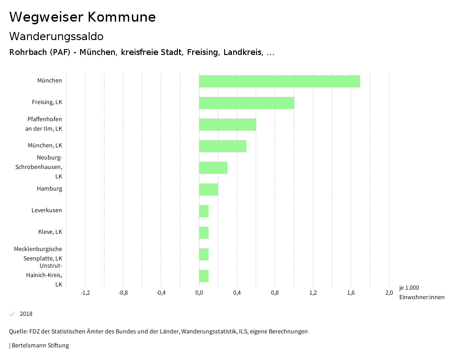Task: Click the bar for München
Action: [279, 81]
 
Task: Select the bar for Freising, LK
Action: [246, 103]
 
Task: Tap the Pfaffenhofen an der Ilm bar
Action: [227, 124]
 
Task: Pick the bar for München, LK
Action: [222, 146]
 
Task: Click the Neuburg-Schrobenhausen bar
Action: [213, 168]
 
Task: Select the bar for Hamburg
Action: [208, 189]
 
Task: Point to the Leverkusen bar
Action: [203, 211]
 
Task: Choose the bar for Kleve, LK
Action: [203, 232]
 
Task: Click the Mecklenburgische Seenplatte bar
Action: [203, 254]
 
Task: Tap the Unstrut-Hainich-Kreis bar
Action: [203, 276]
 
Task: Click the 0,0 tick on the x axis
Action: [199, 293]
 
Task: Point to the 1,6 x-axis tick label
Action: [351, 293]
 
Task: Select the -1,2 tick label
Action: [85, 293]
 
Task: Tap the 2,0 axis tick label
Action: [389, 293]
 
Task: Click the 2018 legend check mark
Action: [12, 314]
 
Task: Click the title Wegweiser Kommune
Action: [82, 17]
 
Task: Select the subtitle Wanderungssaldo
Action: [56, 36]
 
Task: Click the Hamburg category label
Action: [50, 189]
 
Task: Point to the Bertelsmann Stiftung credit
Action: [40, 346]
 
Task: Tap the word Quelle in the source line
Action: [18, 332]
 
